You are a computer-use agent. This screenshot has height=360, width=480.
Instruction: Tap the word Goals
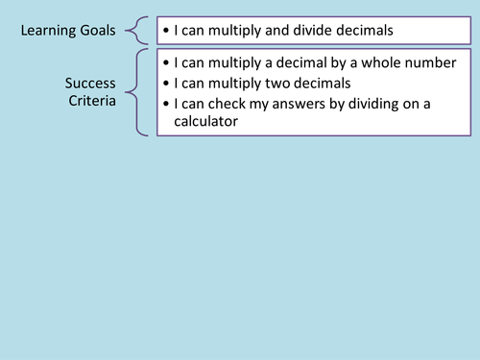pos(96,31)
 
